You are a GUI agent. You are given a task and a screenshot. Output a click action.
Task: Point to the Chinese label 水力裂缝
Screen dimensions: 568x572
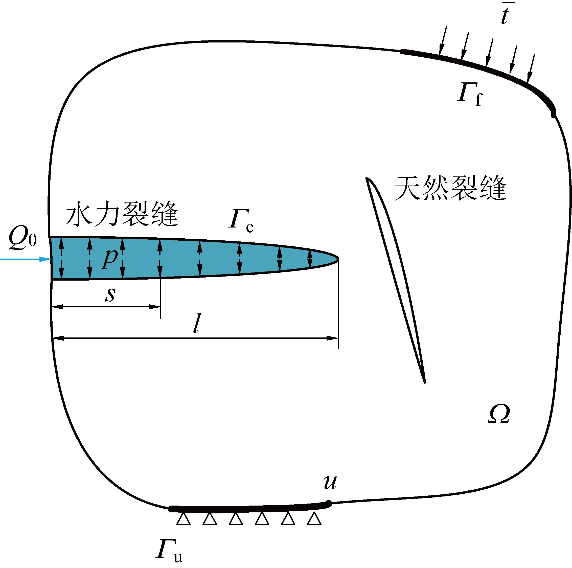(122, 214)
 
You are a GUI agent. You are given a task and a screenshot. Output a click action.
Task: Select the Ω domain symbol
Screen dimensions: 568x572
(499, 414)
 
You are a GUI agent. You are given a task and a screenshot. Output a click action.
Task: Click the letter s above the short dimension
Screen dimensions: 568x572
(110, 294)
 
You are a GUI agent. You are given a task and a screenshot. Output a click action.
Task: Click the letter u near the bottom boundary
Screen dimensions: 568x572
(330, 482)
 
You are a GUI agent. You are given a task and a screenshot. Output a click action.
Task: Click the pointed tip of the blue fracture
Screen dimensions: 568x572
(337, 259)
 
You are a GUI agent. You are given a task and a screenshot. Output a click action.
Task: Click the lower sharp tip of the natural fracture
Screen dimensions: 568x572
(425, 382)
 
